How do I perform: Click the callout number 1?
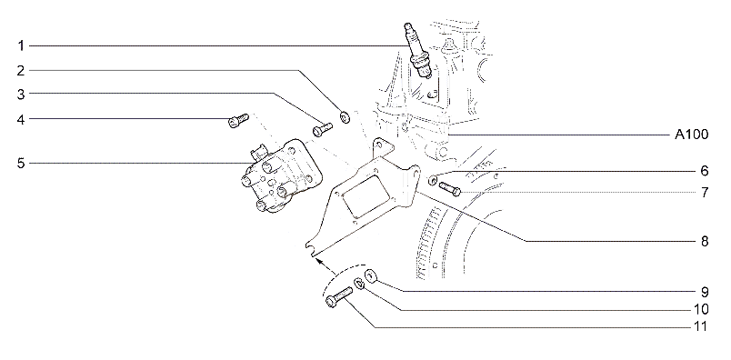21,45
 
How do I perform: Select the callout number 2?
21,70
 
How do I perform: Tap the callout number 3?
21,94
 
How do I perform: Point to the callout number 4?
21,119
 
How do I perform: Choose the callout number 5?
21,164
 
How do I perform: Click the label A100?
692,135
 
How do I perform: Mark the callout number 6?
705,171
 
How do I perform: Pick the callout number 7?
705,192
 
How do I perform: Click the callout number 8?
705,241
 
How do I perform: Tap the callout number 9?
705,292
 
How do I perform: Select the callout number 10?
701,309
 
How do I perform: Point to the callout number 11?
701,327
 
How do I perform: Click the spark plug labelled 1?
418,50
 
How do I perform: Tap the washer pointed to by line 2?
345,116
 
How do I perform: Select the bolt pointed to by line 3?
322,129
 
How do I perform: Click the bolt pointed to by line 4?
238,120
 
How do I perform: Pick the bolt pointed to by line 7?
450,188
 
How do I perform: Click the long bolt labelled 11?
339,297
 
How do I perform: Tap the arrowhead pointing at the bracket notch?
319,261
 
